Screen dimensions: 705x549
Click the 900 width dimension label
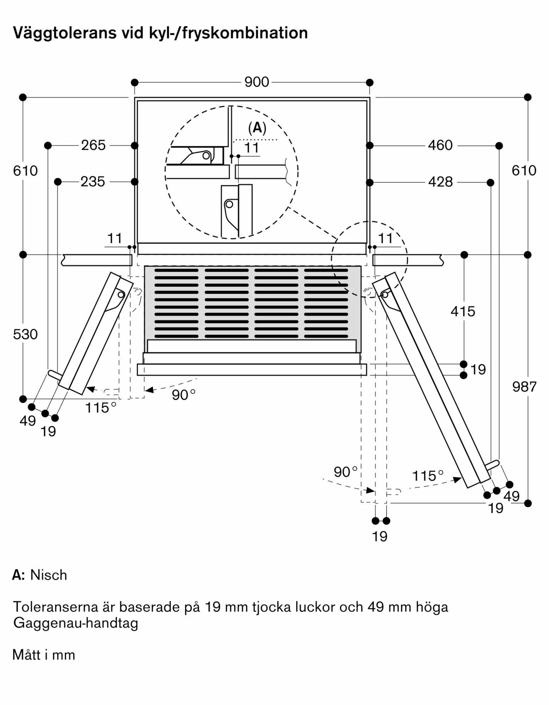[256, 82]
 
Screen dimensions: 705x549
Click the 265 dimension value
[93, 145]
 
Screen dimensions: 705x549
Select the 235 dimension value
[93, 182]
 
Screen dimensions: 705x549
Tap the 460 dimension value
[440, 145]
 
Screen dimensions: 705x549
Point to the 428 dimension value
[440, 182]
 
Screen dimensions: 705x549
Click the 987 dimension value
[524, 387]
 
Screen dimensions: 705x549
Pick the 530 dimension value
[25, 335]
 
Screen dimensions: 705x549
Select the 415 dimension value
[463, 312]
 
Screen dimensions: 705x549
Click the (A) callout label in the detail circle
[257, 128]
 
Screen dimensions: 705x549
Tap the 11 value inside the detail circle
[251, 148]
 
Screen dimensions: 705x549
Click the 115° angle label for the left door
[100, 408]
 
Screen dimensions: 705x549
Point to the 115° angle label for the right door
[427, 476]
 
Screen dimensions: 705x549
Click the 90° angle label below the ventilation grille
[183, 395]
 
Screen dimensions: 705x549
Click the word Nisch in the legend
[49, 575]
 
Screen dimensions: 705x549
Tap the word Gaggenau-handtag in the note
[76, 624]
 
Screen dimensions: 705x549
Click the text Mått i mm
[44, 655]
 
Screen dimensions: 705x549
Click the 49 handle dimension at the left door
[27, 421]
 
